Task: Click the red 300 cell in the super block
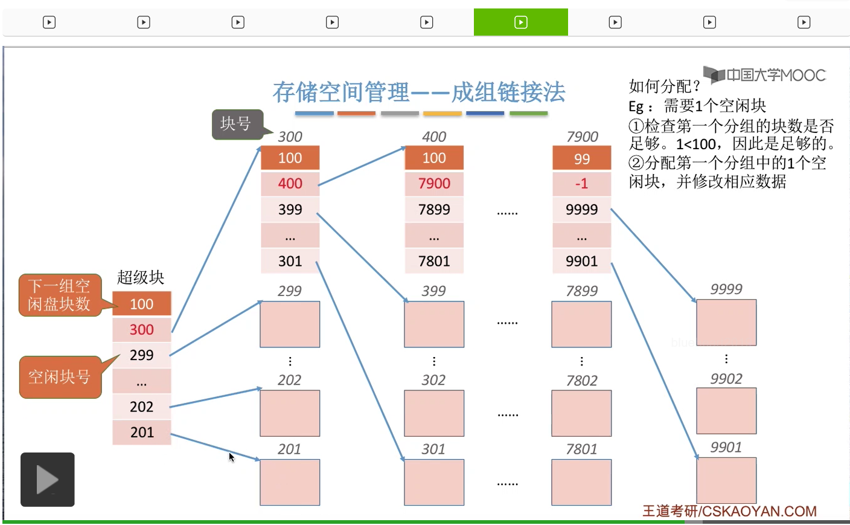click(142, 329)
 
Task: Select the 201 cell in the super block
click(142, 432)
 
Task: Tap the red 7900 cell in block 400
click(434, 183)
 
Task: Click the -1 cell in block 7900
click(581, 183)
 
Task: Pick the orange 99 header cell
click(581, 158)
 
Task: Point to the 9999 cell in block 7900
click(581, 209)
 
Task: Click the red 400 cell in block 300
click(290, 183)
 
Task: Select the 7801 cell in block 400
click(434, 261)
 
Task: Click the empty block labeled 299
click(290, 324)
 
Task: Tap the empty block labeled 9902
click(726, 411)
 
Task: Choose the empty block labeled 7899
click(581, 324)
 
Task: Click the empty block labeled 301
click(434, 482)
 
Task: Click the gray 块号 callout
click(237, 124)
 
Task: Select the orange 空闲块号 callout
click(60, 377)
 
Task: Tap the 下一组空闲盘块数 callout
click(59, 295)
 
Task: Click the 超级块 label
click(141, 277)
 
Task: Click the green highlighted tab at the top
click(520, 22)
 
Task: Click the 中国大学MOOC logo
click(765, 75)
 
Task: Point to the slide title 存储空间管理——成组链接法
click(419, 92)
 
